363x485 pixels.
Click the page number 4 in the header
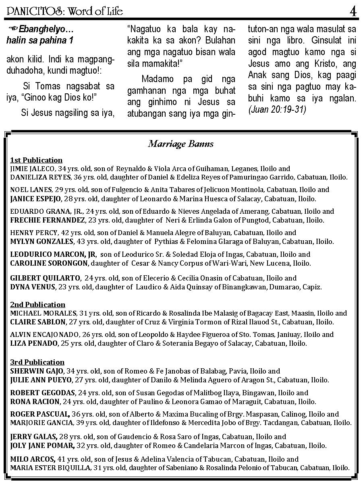point(353,11)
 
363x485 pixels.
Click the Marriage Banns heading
point(181,144)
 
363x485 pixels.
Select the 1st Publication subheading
point(36,160)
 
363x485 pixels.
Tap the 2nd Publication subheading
point(37,305)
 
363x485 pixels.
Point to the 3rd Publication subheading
point(37,362)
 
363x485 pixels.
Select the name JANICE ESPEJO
point(35,199)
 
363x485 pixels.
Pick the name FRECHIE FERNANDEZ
point(48,220)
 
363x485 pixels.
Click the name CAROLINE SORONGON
point(49,263)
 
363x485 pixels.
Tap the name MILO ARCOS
point(32,459)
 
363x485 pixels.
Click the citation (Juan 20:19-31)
point(277,109)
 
